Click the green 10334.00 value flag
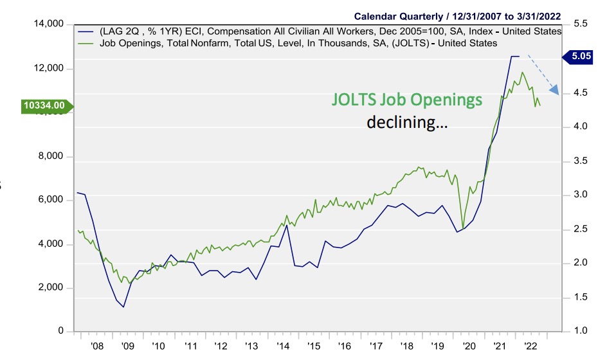click(44, 105)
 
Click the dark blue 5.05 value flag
click(581, 57)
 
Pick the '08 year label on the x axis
click(98, 345)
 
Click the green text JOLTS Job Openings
click(406, 100)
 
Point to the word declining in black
click(407, 122)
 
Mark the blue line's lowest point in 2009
click(123, 307)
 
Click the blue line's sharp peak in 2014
click(286, 225)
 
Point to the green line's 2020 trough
click(463, 228)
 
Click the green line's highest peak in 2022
click(521, 73)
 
